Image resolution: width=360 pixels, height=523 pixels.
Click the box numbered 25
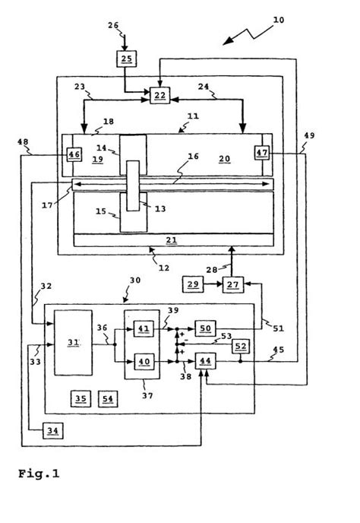(126, 59)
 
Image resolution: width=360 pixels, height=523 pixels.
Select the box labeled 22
(159, 95)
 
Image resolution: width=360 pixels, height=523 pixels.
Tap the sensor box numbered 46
(74, 154)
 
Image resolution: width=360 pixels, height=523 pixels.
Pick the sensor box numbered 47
(262, 153)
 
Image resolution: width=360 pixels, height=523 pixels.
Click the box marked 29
(193, 284)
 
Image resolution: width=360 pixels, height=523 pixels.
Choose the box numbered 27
(233, 284)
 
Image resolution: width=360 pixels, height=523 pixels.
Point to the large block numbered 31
(74, 343)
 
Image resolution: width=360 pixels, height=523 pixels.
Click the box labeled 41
(144, 329)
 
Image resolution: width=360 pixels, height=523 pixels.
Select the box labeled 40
(144, 362)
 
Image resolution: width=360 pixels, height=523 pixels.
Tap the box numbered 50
(205, 328)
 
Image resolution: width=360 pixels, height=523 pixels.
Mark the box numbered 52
(241, 346)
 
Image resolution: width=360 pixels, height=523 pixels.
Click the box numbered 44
(205, 361)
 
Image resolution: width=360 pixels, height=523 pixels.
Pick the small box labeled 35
(81, 398)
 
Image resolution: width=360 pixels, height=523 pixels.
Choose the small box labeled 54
(108, 398)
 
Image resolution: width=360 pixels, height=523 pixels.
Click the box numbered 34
(52, 430)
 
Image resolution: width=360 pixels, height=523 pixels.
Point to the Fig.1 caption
(39, 474)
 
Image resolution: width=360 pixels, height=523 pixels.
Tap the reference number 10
(279, 20)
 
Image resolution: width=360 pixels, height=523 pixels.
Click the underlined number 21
(172, 239)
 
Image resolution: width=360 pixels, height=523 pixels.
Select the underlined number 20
(225, 159)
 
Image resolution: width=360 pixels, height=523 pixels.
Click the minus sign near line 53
(186, 341)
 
